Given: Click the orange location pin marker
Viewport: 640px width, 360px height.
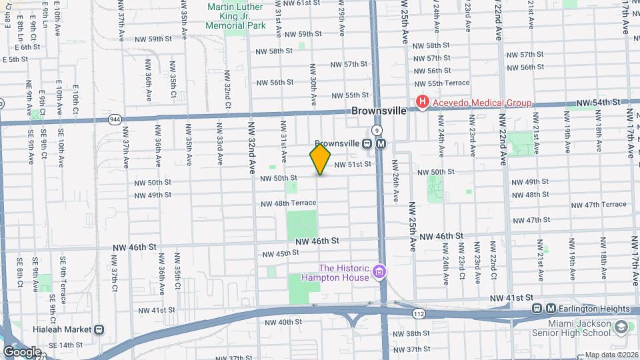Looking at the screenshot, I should click(x=320, y=159).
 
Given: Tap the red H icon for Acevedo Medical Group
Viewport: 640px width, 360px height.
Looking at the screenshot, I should click(x=422, y=102).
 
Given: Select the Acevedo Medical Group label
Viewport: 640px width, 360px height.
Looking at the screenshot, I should click(x=482, y=103).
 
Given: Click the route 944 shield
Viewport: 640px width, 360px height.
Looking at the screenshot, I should click(x=115, y=119).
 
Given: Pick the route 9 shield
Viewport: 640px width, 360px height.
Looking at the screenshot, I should click(x=377, y=130).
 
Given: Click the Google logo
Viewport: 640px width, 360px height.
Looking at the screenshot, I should click(x=22, y=351).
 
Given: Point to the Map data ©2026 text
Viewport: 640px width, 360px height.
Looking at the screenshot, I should click(x=610, y=355).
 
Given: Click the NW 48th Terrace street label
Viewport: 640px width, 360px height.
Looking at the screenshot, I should click(x=288, y=203).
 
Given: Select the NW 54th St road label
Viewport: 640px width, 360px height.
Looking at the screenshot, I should click(x=599, y=102).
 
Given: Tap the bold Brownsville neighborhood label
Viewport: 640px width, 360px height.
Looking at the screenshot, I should click(x=379, y=111).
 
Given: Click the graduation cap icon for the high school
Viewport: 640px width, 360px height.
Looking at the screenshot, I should click(x=621, y=327).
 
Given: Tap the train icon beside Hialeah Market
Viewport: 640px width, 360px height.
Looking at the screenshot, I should click(x=99, y=329).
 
